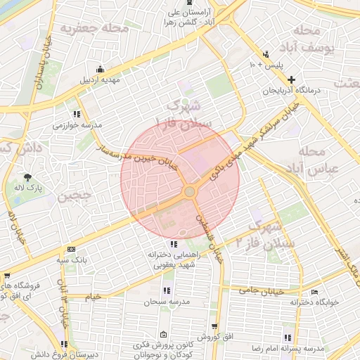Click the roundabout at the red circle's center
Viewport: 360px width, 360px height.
(189, 192)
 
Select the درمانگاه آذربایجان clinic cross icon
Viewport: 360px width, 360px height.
(291, 79)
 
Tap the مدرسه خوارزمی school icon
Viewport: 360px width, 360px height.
(76, 114)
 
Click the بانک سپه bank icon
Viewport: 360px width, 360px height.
(70, 249)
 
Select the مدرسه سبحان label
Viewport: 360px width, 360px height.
(165, 302)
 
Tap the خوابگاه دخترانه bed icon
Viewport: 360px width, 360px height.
(314, 291)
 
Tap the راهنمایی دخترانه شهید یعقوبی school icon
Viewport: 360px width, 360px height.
(174, 244)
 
